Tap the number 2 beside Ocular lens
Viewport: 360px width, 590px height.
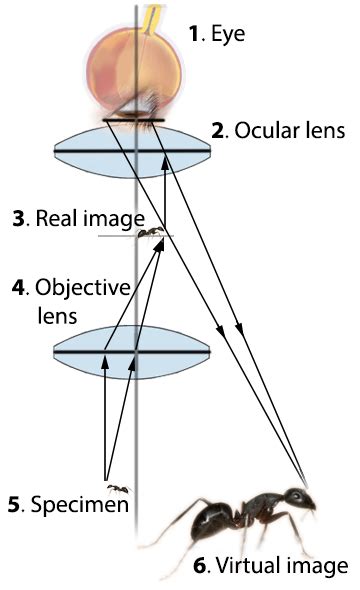[x=218, y=130]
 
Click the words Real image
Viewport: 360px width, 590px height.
[x=90, y=218]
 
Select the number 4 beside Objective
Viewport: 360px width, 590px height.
[x=18, y=287]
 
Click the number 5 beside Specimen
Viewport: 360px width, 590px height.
[x=13, y=504]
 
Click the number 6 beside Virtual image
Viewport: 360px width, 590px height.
[x=200, y=566]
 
